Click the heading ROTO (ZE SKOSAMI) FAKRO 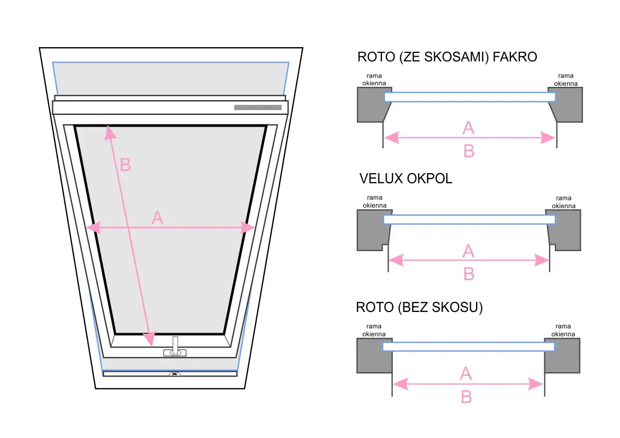click(x=447, y=57)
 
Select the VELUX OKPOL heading click(x=406, y=178)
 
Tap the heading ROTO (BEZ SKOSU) click(x=419, y=307)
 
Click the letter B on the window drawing click(x=125, y=165)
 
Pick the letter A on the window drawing click(x=157, y=217)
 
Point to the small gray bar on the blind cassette click(x=257, y=108)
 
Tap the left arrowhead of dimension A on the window click(x=93, y=228)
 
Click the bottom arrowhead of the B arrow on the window click(x=150, y=338)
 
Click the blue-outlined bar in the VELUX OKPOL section click(x=469, y=219)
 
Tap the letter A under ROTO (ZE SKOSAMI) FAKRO click(x=468, y=128)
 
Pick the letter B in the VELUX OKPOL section click(x=469, y=274)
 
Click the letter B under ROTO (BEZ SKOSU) click(x=466, y=397)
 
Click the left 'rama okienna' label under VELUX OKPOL click(x=374, y=202)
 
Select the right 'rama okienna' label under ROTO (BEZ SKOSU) click(x=563, y=330)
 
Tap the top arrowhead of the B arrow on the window click(x=110, y=132)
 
